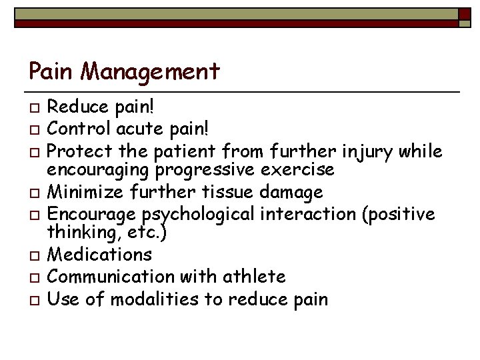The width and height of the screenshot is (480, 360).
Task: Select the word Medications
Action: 100,255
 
